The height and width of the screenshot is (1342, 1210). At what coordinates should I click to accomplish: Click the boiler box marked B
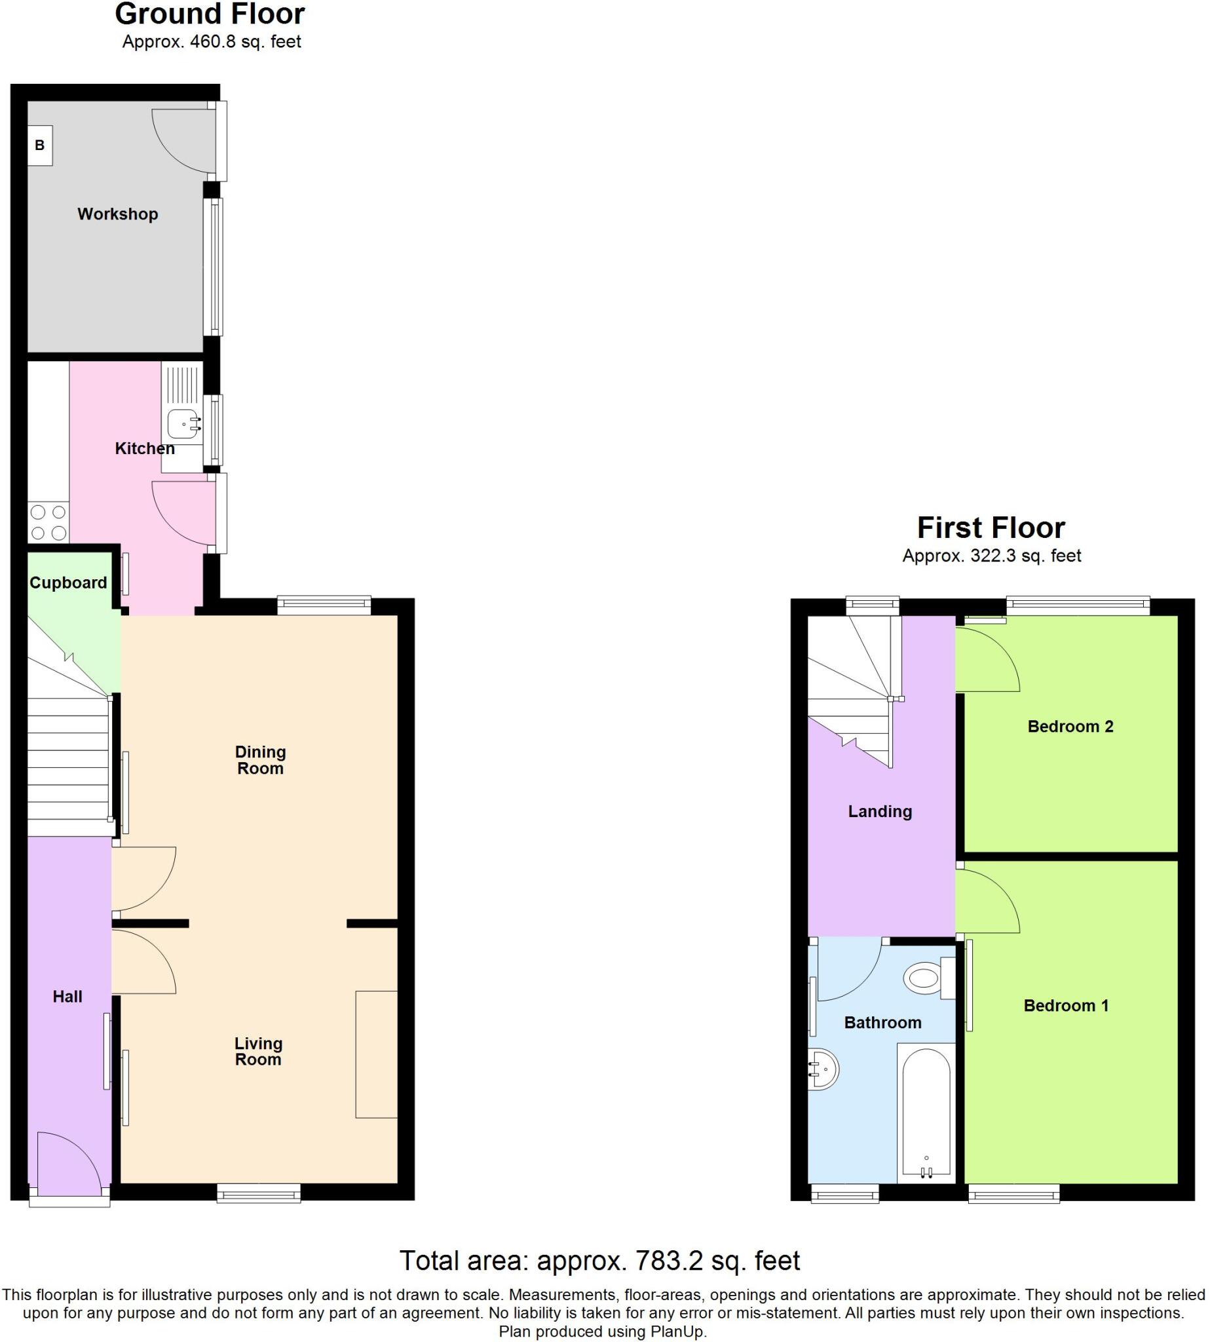click(x=40, y=145)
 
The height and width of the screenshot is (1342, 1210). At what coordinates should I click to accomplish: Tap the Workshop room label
click(x=118, y=214)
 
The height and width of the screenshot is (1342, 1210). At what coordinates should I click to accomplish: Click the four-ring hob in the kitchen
click(x=48, y=522)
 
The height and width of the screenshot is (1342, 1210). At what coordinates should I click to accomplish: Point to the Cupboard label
click(x=68, y=583)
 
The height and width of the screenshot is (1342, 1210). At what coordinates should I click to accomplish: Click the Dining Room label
click(x=260, y=759)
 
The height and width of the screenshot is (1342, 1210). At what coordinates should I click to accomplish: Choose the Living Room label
click(x=258, y=1052)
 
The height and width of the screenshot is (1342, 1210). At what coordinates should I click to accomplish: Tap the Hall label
click(x=67, y=996)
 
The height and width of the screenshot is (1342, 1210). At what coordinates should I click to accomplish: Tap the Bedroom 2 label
click(x=1070, y=726)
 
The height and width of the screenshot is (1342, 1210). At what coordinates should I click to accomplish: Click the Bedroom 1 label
click(x=1066, y=1005)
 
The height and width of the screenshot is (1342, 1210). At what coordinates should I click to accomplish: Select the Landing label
click(x=880, y=811)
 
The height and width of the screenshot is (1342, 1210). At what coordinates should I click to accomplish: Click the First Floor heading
click(x=991, y=528)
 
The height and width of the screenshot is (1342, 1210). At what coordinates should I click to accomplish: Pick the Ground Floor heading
click(x=210, y=14)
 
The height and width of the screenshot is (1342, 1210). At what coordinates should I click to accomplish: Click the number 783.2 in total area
click(x=669, y=1261)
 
